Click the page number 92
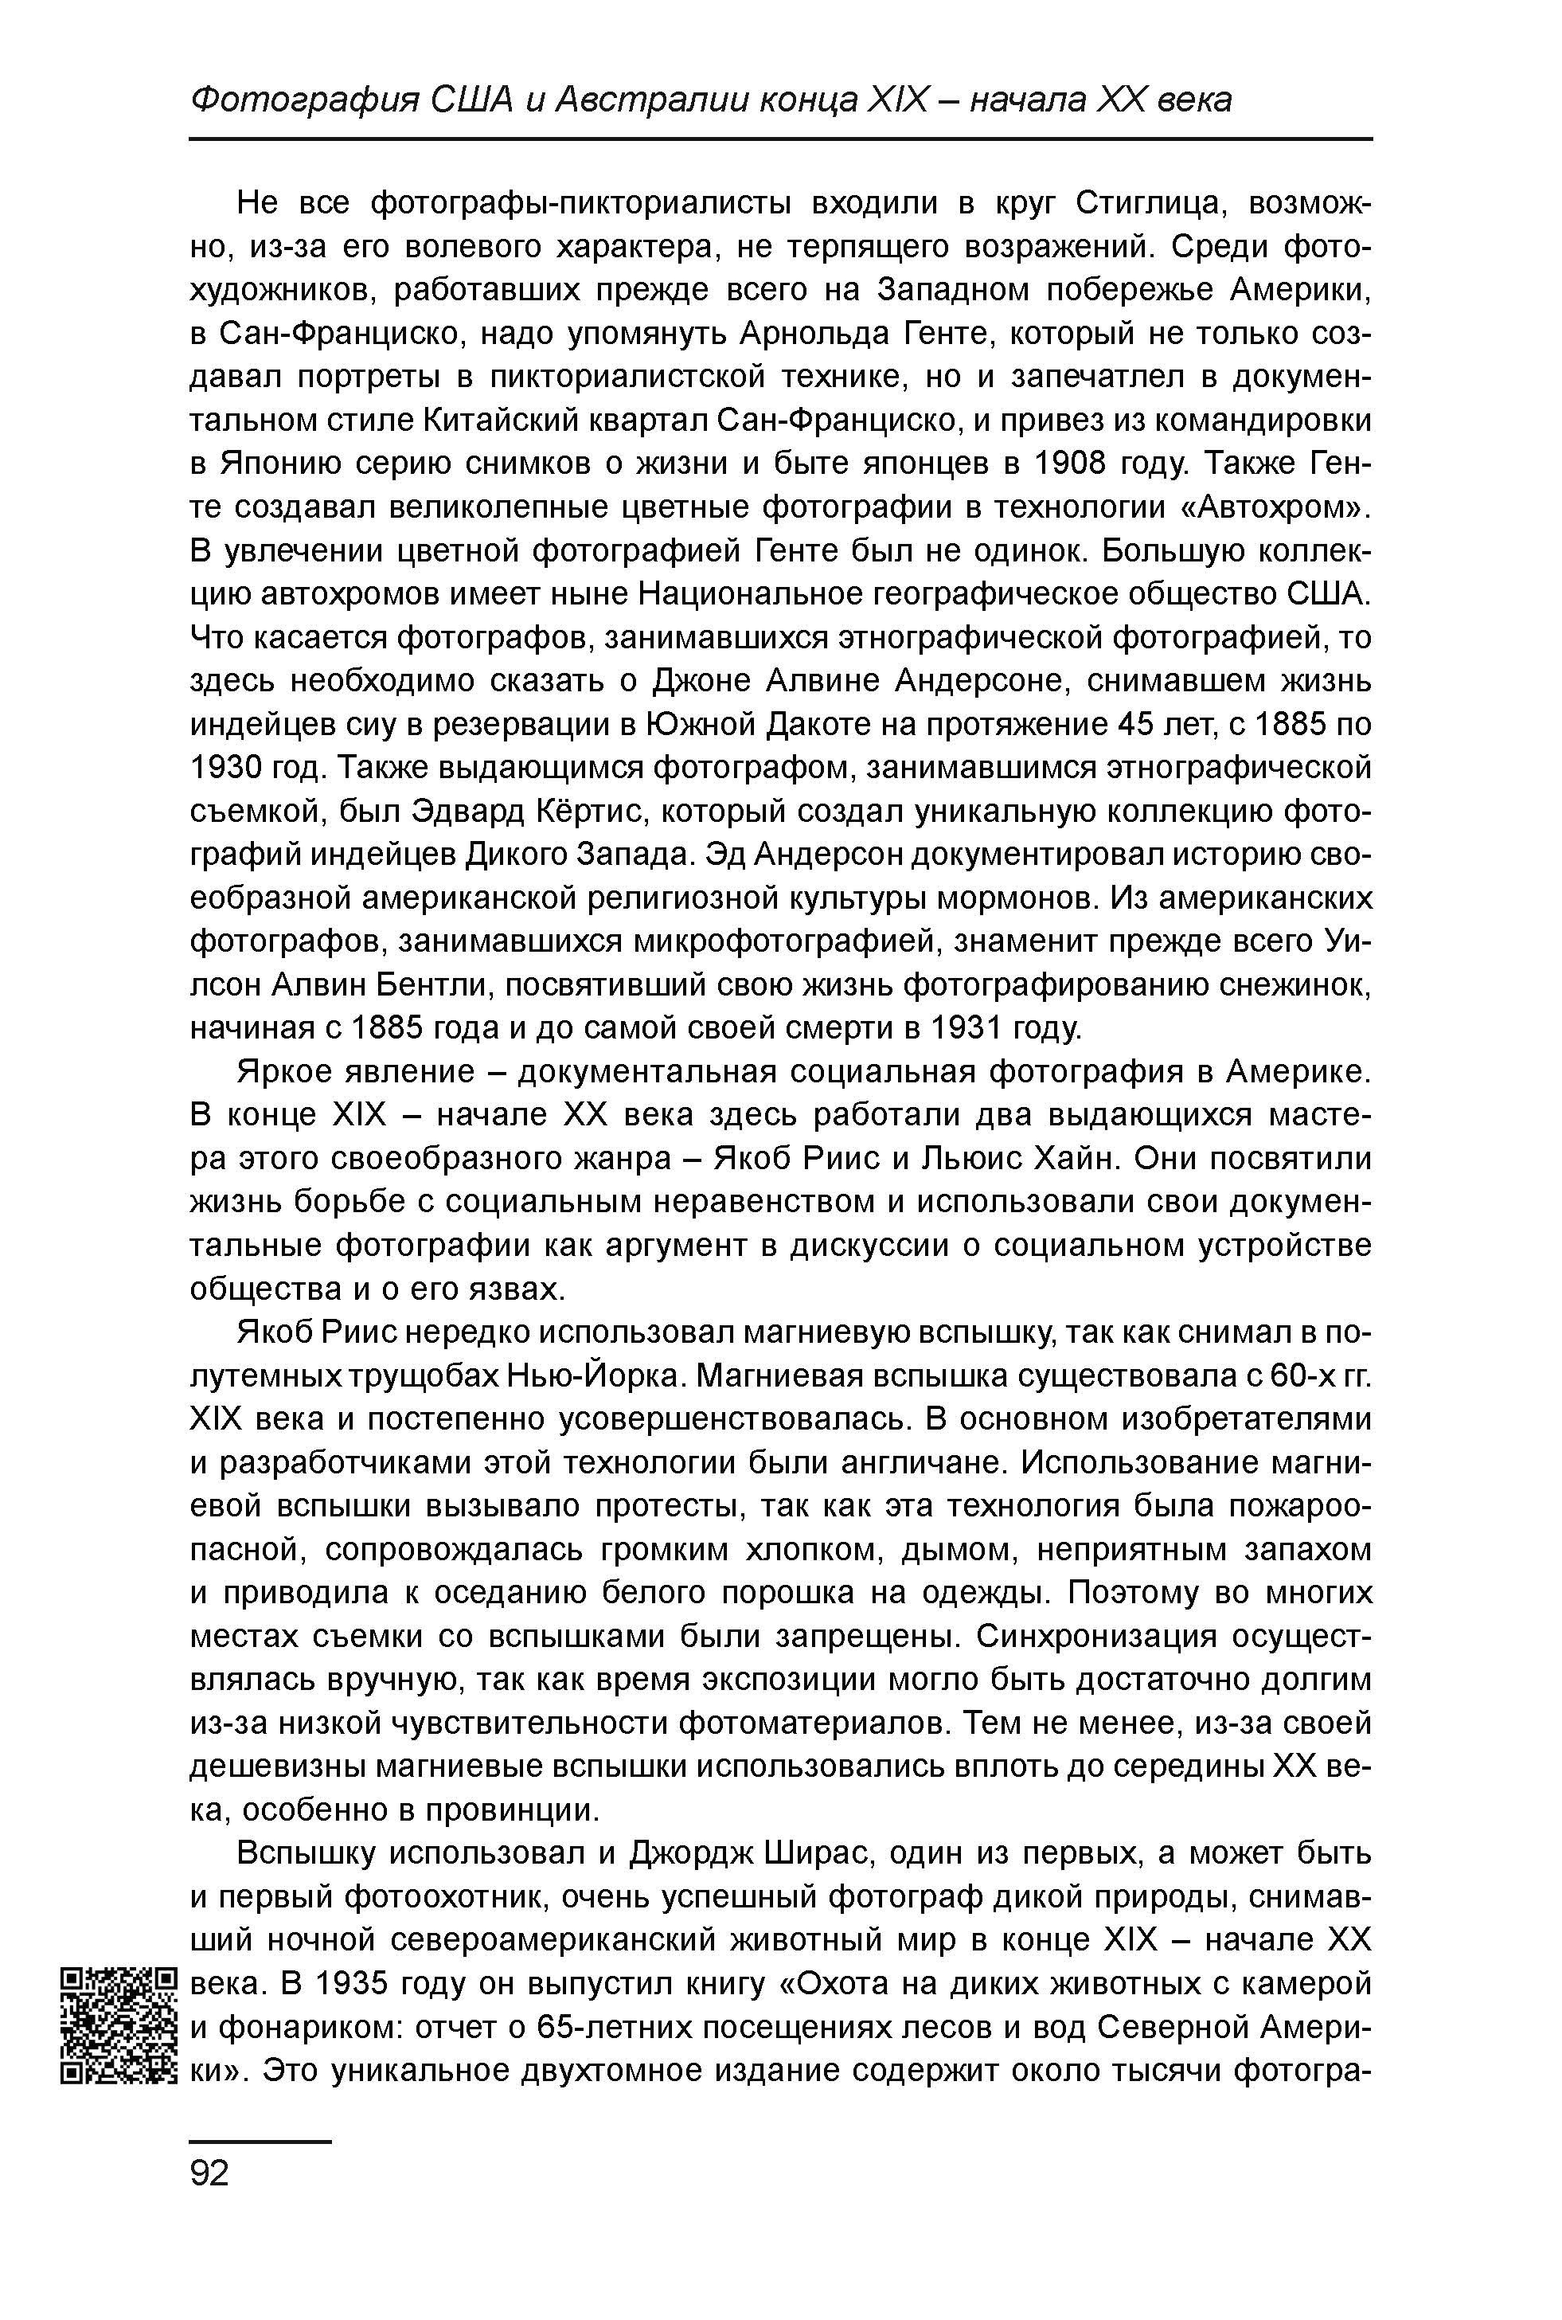[x=209, y=2173]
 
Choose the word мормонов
[x=1007, y=899]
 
